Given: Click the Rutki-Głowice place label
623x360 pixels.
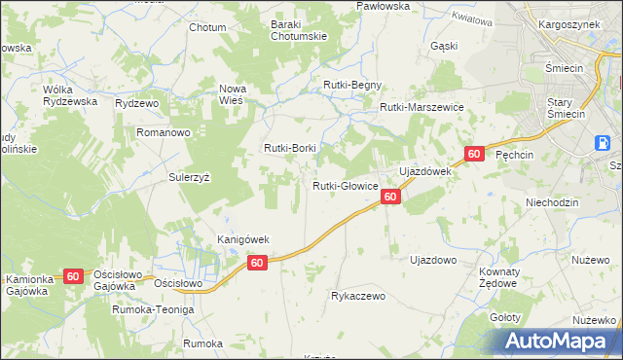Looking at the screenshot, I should (345, 186).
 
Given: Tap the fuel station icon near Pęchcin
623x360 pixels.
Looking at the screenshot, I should (605, 143).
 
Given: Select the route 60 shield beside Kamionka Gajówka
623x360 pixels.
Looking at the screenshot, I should (73, 276).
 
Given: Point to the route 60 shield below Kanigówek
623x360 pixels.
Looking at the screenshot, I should (257, 263).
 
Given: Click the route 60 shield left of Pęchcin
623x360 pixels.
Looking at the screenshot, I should (474, 154).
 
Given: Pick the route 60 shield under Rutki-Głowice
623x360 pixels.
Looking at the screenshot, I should (389, 197).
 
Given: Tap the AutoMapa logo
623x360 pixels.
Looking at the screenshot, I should (561, 341).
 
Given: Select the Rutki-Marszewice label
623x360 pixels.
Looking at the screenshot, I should (421, 108).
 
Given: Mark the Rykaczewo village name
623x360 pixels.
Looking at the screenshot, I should (359, 295).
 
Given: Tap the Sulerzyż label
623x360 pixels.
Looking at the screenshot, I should (190, 178).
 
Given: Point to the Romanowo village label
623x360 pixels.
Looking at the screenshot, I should (168, 130).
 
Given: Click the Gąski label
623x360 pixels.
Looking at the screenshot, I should (443, 46).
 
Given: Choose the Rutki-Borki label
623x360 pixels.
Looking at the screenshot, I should (290, 148).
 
